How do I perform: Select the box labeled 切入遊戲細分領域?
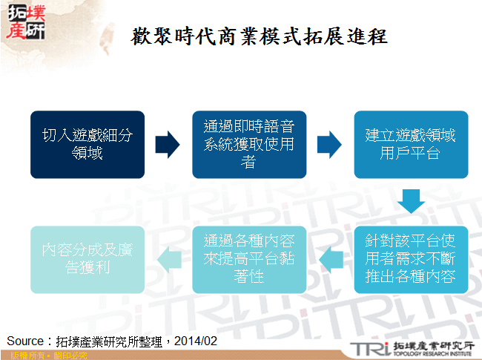pyautogui.click(x=88, y=144)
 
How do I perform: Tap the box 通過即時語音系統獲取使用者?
pyautogui.click(x=249, y=144)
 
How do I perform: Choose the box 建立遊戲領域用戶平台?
pyautogui.click(x=410, y=144)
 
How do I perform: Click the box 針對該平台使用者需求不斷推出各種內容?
pyautogui.click(x=410, y=259)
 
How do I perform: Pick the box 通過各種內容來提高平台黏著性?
pyautogui.click(x=249, y=259)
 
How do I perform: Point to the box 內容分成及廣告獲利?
pyautogui.click(x=88, y=259)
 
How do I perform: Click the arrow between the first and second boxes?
pyautogui.click(x=168, y=145)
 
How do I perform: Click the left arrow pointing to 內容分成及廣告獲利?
pyautogui.click(x=168, y=259)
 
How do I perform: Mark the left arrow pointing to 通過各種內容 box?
pyautogui.click(x=329, y=259)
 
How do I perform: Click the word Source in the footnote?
pyautogui.click(x=25, y=341)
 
